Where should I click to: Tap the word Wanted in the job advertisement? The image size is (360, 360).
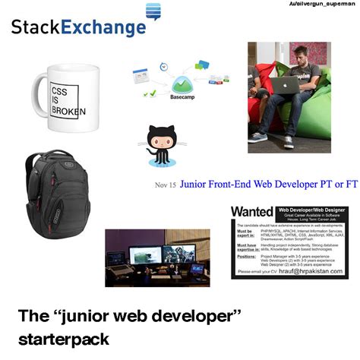coord(251,210)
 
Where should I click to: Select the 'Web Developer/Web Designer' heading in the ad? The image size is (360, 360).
coord(310,208)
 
